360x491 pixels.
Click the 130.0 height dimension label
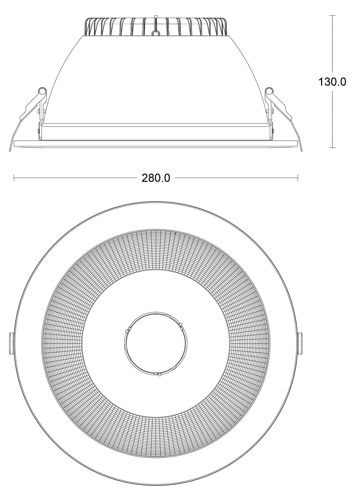[x=332, y=82]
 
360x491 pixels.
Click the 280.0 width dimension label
[x=156, y=178]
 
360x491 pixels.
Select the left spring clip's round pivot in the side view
[x=42, y=91]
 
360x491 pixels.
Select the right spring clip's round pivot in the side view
[x=269, y=91]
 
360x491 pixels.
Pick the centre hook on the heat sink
[x=156, y=31]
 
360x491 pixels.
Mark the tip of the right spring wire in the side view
[x=302, y=150]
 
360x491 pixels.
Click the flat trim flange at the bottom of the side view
[x=156, y=143]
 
